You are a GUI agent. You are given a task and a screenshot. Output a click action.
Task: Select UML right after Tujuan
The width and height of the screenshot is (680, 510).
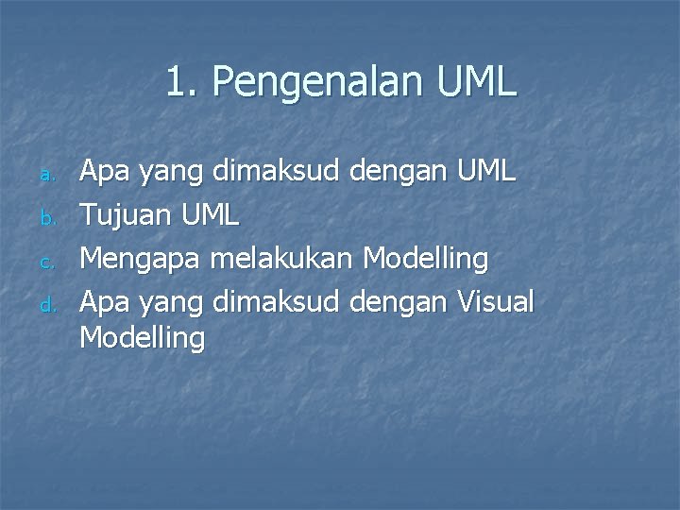[x=209, y=214]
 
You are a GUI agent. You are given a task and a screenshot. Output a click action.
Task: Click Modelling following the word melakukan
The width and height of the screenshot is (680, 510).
[x=426, y=259]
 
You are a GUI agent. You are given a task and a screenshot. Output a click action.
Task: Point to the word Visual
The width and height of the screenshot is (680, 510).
[x=495, y=301]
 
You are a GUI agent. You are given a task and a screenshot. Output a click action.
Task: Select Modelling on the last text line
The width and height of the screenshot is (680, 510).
[x=142, y=337]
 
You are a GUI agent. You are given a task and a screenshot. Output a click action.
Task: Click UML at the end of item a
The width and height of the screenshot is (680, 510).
[x=485, y=171]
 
